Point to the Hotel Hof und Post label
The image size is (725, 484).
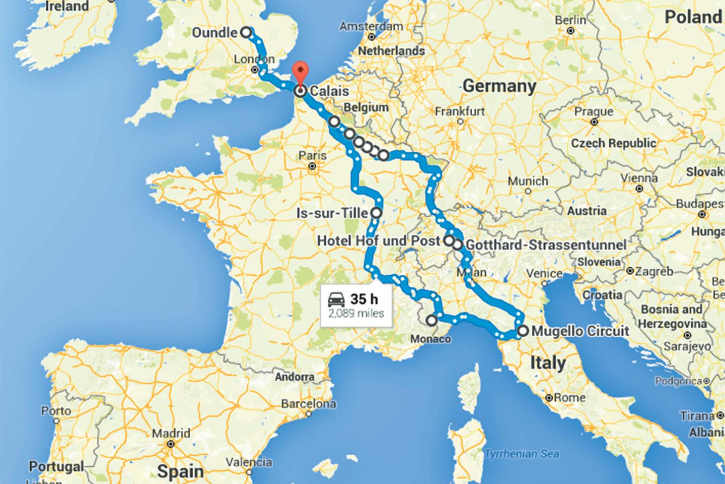[378, 241]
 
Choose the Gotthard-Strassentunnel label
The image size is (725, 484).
[546, 245]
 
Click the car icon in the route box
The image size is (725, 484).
[336, 300]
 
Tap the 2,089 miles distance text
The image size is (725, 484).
[356, 313]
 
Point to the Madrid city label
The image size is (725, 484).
[172, 433]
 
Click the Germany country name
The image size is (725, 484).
[499, 86]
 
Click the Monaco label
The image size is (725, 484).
[430, 339]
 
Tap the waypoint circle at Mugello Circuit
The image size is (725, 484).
[523, 331]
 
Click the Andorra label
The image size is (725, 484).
[295, 377]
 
